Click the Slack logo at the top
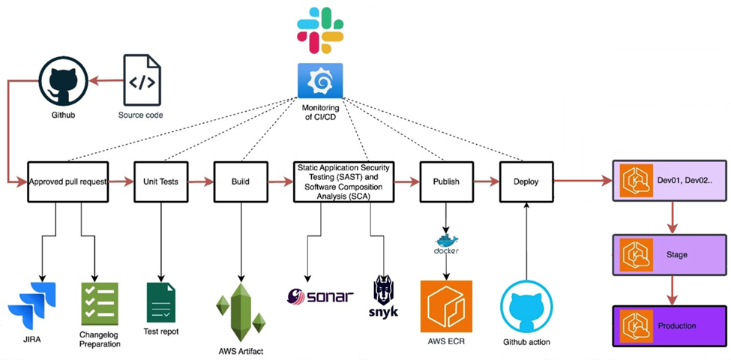pos(320,30)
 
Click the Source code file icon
pos(142,79)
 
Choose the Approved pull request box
pos(68,181)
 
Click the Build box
pos(241,181)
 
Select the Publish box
pos(447,181)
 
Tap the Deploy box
pos(526,181)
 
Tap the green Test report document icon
pos(161,302)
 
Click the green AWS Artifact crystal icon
pos(241,313)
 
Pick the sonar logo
pos(320,296)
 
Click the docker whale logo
pos(447,244)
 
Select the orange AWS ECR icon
pos(446,305)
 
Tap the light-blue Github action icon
pos(526,307)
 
